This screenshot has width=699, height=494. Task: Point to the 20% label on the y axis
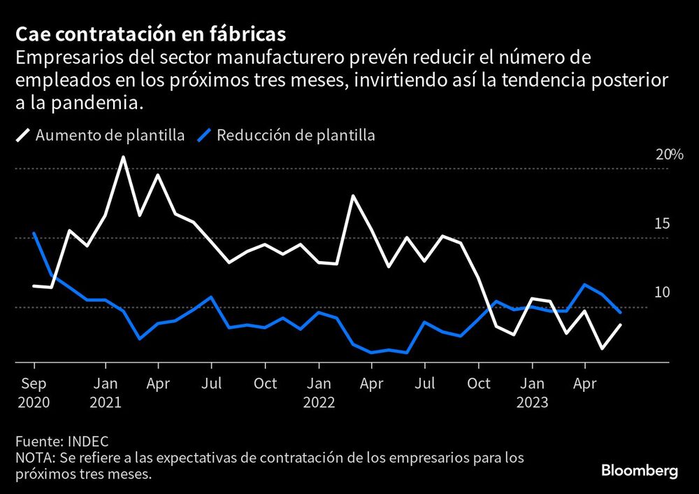(x=668, y=155)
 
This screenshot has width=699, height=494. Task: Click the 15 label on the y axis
(x=661, y=224)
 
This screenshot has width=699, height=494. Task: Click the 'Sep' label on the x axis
(x=34, y=383)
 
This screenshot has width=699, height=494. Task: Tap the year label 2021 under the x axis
(x=106, y=403)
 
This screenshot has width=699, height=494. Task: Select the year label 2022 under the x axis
(x=319, y=403)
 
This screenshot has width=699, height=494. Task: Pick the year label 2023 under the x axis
(x=533, y=403)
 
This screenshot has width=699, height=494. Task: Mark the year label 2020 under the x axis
(x=34, y=403)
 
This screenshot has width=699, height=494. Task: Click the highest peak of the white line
(x=123, y=157)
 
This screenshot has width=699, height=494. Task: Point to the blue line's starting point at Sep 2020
(x=34, y=234)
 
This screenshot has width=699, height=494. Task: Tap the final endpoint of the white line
(x=620, y=325)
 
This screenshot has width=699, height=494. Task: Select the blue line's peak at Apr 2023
(x=584, y=285)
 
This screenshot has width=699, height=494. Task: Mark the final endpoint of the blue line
(x=620, y=312)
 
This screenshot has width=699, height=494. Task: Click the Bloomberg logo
(x=640, y=470)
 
